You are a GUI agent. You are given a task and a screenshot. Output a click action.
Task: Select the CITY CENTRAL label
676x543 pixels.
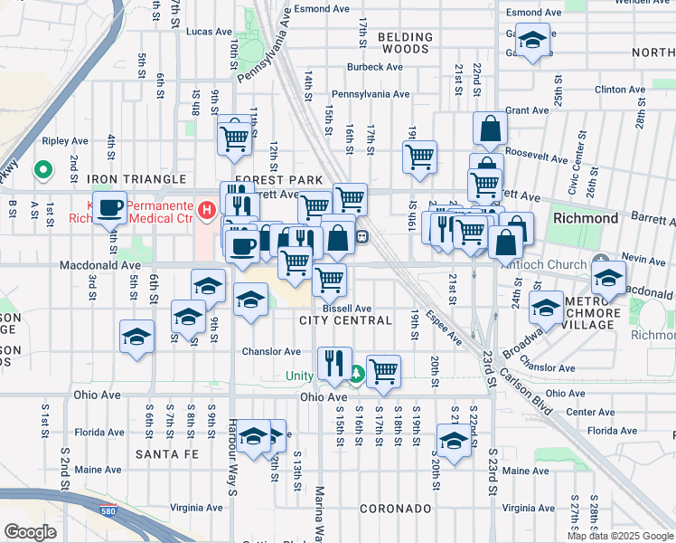345,320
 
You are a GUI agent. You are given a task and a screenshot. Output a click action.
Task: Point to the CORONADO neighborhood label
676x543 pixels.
394,509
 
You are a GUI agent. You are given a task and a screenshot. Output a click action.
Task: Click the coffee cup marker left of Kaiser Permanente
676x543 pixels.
109,208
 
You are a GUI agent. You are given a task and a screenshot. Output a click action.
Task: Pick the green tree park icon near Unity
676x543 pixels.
356,373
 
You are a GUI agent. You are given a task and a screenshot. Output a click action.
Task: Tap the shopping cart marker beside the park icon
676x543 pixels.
384,368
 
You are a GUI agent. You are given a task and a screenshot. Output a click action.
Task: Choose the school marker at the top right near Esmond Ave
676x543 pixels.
533,41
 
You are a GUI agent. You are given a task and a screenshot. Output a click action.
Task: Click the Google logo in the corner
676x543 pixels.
31,531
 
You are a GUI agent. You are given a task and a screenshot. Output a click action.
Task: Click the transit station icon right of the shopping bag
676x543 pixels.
361,237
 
